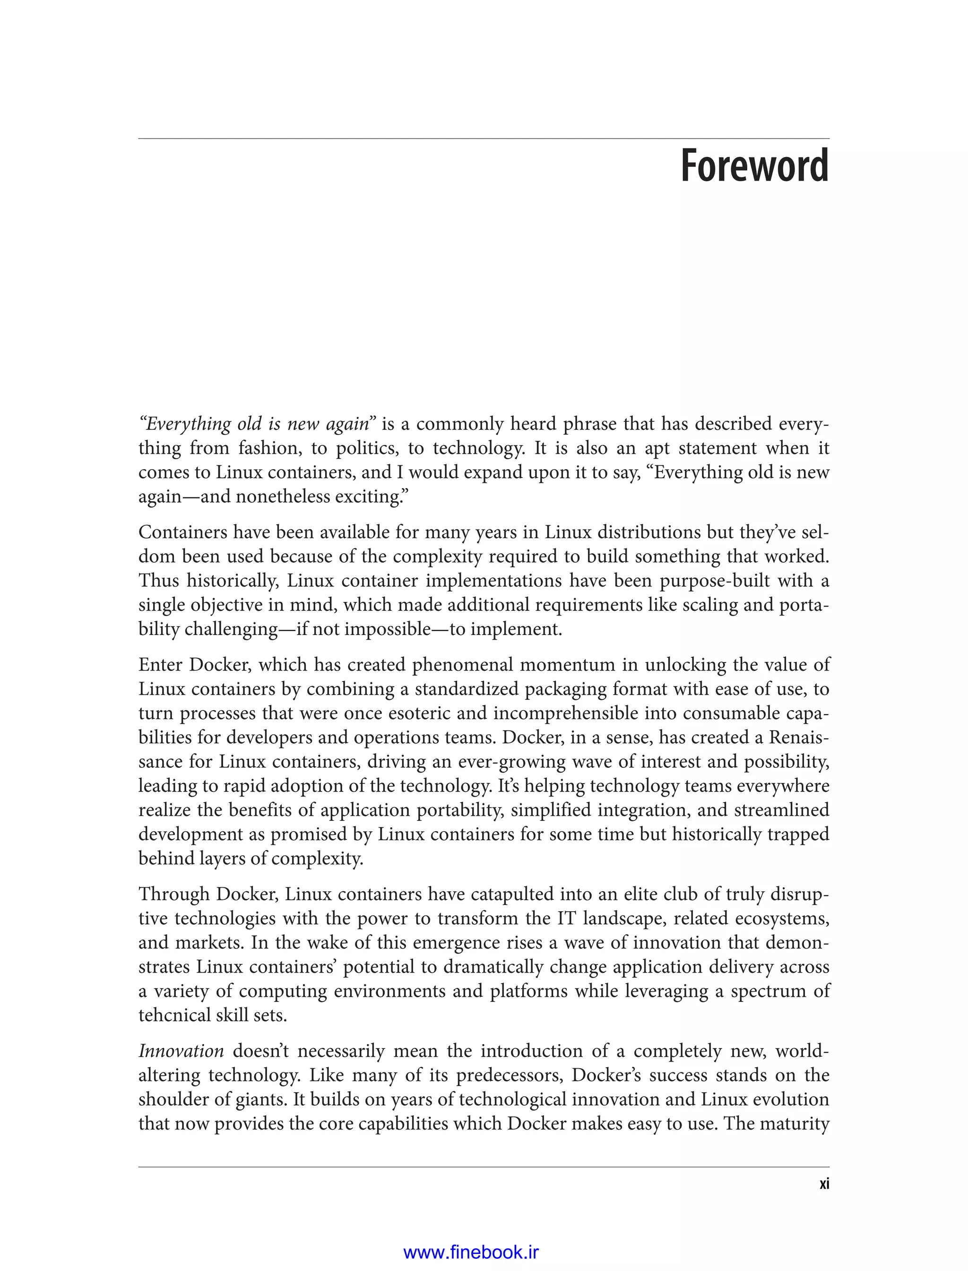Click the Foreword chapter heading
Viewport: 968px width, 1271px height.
pos(754,166)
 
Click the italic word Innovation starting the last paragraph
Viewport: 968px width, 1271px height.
pos(181,1051)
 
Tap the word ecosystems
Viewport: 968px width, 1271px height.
pos(782,918)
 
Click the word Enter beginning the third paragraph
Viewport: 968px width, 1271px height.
pos(160,665)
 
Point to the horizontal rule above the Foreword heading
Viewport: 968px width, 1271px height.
pos(484,139)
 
